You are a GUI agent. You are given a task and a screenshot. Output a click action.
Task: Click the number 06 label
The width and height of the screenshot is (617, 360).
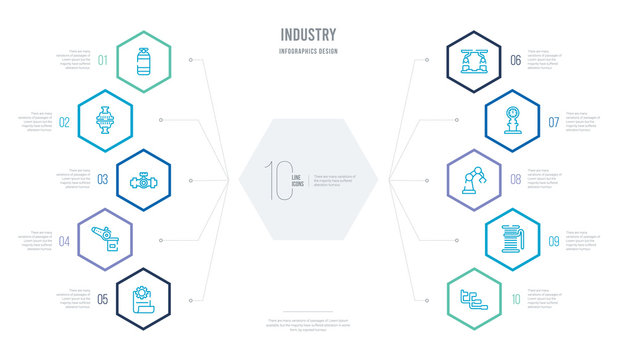514,59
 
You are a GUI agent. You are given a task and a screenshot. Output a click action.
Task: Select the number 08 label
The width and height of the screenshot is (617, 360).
514,180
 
